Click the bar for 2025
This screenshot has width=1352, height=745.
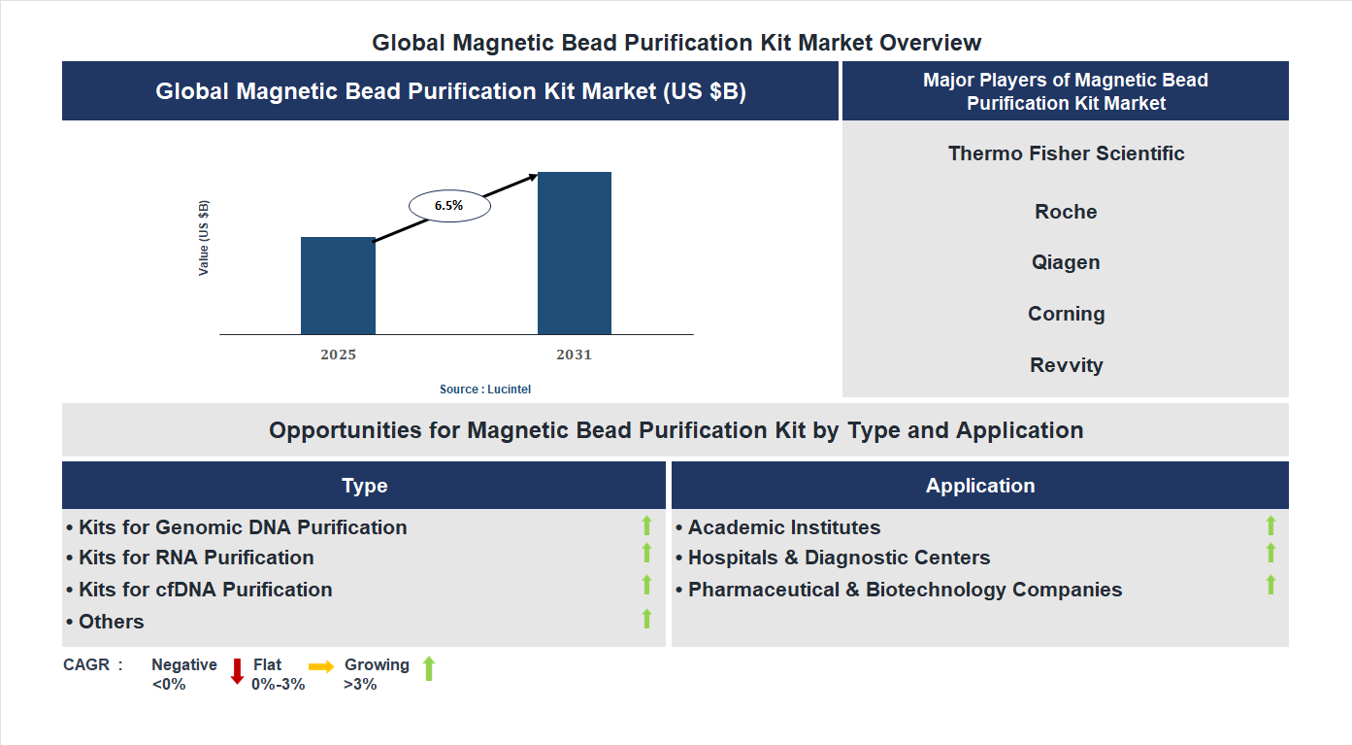[338, 286]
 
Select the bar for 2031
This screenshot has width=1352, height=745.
[575, 254]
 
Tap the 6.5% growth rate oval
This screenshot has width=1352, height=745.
[449, 206]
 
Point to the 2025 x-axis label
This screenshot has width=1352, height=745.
[338, 355]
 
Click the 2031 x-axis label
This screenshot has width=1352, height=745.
[574, 355]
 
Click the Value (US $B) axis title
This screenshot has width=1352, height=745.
[204, 238]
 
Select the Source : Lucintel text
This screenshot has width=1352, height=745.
[485, 389]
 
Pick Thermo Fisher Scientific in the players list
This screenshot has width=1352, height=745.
[1066, 153]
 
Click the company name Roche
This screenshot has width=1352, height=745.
[1066, 212]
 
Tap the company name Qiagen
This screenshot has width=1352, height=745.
[1066, 262]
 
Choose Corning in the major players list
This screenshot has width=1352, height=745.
[1066, 314]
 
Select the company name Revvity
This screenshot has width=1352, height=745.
[1066, 365]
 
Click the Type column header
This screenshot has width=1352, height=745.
[364, 486]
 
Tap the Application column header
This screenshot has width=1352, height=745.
[979, 486]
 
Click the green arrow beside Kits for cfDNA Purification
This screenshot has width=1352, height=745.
[646, 585]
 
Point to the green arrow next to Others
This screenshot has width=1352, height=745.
[646, 619]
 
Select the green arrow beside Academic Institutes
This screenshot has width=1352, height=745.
[1270, 525]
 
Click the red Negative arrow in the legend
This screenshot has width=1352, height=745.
[237, 671]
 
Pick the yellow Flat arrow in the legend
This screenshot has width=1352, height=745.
[321, 666]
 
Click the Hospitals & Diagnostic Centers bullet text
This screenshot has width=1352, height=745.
[839, 558]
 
